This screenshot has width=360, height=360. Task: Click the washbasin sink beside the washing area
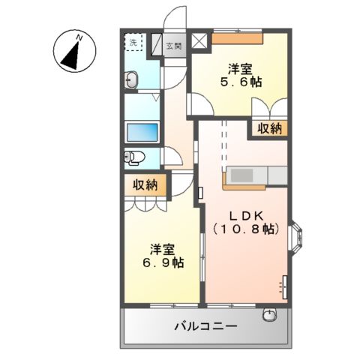click(x=132, y=79)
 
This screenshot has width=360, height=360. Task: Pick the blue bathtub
click(x=143, y=133)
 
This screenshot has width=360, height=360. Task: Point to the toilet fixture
click(x=133, y=157)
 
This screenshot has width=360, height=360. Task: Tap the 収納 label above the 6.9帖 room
click(x=145, y=184)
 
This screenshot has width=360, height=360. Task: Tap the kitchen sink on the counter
click(x=241, y=175)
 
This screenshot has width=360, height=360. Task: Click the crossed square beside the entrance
click(x=199, y=42)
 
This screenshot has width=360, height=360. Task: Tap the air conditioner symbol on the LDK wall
click(x=283, y=286)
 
